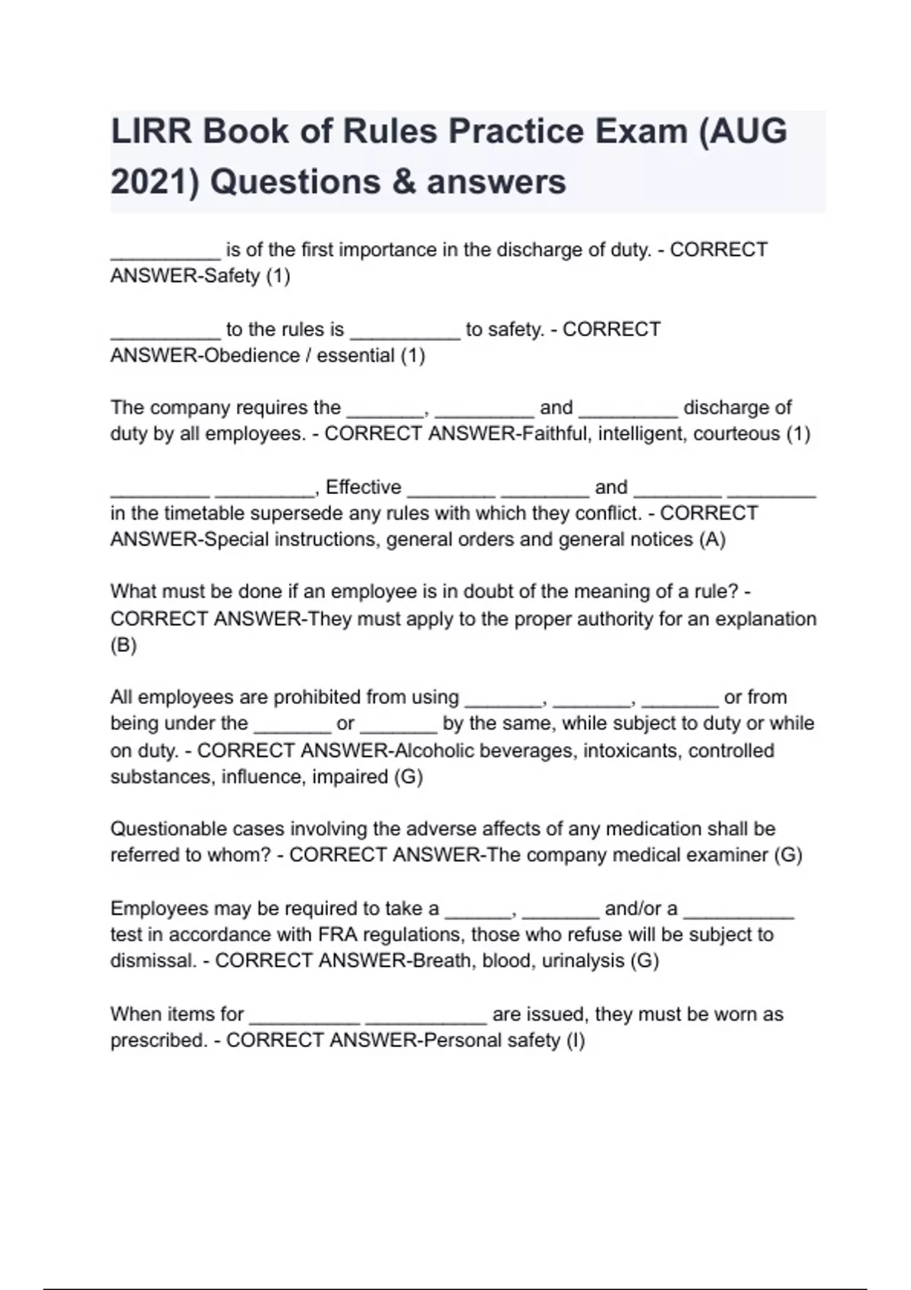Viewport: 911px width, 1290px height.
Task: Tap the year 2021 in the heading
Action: click(149, 182)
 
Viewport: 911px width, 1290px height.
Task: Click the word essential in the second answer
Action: click(356, 355)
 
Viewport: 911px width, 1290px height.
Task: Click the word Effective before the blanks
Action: click(364, 487)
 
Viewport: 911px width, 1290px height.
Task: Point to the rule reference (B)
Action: click(124, 646)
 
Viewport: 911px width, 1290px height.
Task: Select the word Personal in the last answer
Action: click(462, 1040)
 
